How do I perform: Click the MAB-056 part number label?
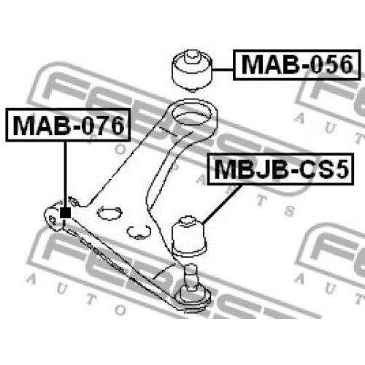click(296, 65)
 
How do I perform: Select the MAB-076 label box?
click(68, 125)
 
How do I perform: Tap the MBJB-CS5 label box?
click(280, 169)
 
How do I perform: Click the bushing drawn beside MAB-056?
click(192, 71)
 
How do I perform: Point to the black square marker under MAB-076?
click(65, 213)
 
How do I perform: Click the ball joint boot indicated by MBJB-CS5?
click(189, 237)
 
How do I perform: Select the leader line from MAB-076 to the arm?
click(65, 174)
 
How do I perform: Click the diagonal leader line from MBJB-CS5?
click(222, 204)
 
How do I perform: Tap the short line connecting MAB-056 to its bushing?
click(223, 69)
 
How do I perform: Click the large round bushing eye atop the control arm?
click(192, 117)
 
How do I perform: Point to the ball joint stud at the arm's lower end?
click(191, 278)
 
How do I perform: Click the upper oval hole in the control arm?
click(109, 213)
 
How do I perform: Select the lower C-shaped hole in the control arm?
click(139, 232)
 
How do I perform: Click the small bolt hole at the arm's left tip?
click(52, 220)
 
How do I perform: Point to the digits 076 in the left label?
click(103, 126)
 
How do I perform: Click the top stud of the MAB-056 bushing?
click(192, 57)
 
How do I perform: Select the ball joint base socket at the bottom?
click(193, 298)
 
